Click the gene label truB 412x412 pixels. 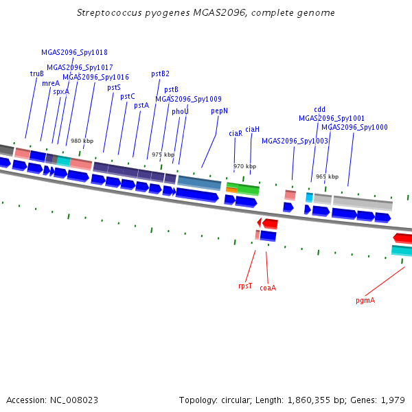click(x=37, y=73)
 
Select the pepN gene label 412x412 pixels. click(x=220, y=111)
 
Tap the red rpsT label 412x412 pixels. click(x=245, y=286)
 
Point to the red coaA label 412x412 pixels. click(x=268, y=288)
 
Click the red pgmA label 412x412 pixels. click(x=365, y=300)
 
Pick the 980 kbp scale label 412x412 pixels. click(x=82, y=141)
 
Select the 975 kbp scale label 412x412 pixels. click(x=163, y=154)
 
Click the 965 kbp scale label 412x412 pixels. click(x=327, y=176)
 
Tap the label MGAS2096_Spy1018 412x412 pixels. click(x=74, y=53)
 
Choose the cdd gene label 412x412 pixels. click(x=319, y=109)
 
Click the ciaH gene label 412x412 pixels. click(x=252, y=129)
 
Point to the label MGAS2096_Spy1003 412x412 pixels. click(x=295, y=141)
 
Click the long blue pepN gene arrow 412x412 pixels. click(x=197, y=195)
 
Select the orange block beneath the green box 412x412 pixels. click(x=231, y=190)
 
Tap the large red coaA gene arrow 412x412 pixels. click(x=270, y=224)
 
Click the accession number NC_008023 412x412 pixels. click(x=74, y=400)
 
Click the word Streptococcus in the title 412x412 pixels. click(x=109, y=12)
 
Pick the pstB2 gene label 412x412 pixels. click(x=160, y=74)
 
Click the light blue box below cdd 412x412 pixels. click(x=310, y=197)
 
